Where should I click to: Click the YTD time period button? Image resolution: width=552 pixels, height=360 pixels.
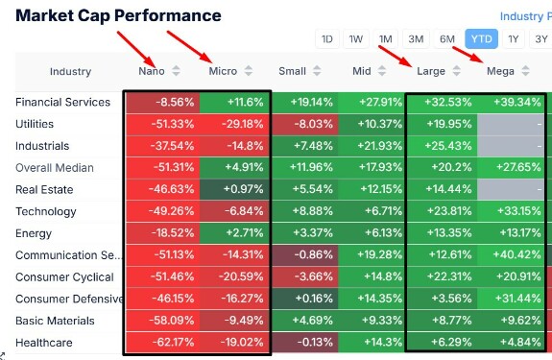click(481, 38)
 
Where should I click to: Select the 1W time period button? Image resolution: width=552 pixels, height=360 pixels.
click(356, 38)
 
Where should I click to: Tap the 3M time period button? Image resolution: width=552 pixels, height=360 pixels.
click(416, 38)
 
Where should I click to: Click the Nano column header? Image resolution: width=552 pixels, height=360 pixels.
click(152, 71)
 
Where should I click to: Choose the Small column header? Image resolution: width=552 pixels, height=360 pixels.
click(292, 71)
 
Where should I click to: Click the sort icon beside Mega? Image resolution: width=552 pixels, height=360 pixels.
click(525, 71)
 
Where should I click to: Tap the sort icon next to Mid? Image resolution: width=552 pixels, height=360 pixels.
click(382, 71)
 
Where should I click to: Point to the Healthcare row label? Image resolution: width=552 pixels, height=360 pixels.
click(44, 343)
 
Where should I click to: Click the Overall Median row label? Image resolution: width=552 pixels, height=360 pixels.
click(55, 167)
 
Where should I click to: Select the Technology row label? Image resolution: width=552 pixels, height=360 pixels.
click(46, 211)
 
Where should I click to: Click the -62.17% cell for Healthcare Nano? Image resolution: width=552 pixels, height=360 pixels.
click(162, 342)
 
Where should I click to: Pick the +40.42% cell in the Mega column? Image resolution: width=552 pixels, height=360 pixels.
click(511, 254)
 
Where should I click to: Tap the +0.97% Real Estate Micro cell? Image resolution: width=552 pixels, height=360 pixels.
click(234, 189)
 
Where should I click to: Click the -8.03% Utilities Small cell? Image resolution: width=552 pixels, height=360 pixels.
click(304, 124)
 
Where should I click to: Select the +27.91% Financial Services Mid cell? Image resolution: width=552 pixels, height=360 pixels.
click(372, 102)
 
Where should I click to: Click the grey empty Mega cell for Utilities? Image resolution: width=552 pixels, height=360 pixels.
click(511, 124)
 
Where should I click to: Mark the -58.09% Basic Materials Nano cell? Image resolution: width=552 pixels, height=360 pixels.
click(162, 321)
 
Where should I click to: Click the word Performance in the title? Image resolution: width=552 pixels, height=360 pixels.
click(168, 15)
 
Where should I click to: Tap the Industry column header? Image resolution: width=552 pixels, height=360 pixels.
click(70, 71)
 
